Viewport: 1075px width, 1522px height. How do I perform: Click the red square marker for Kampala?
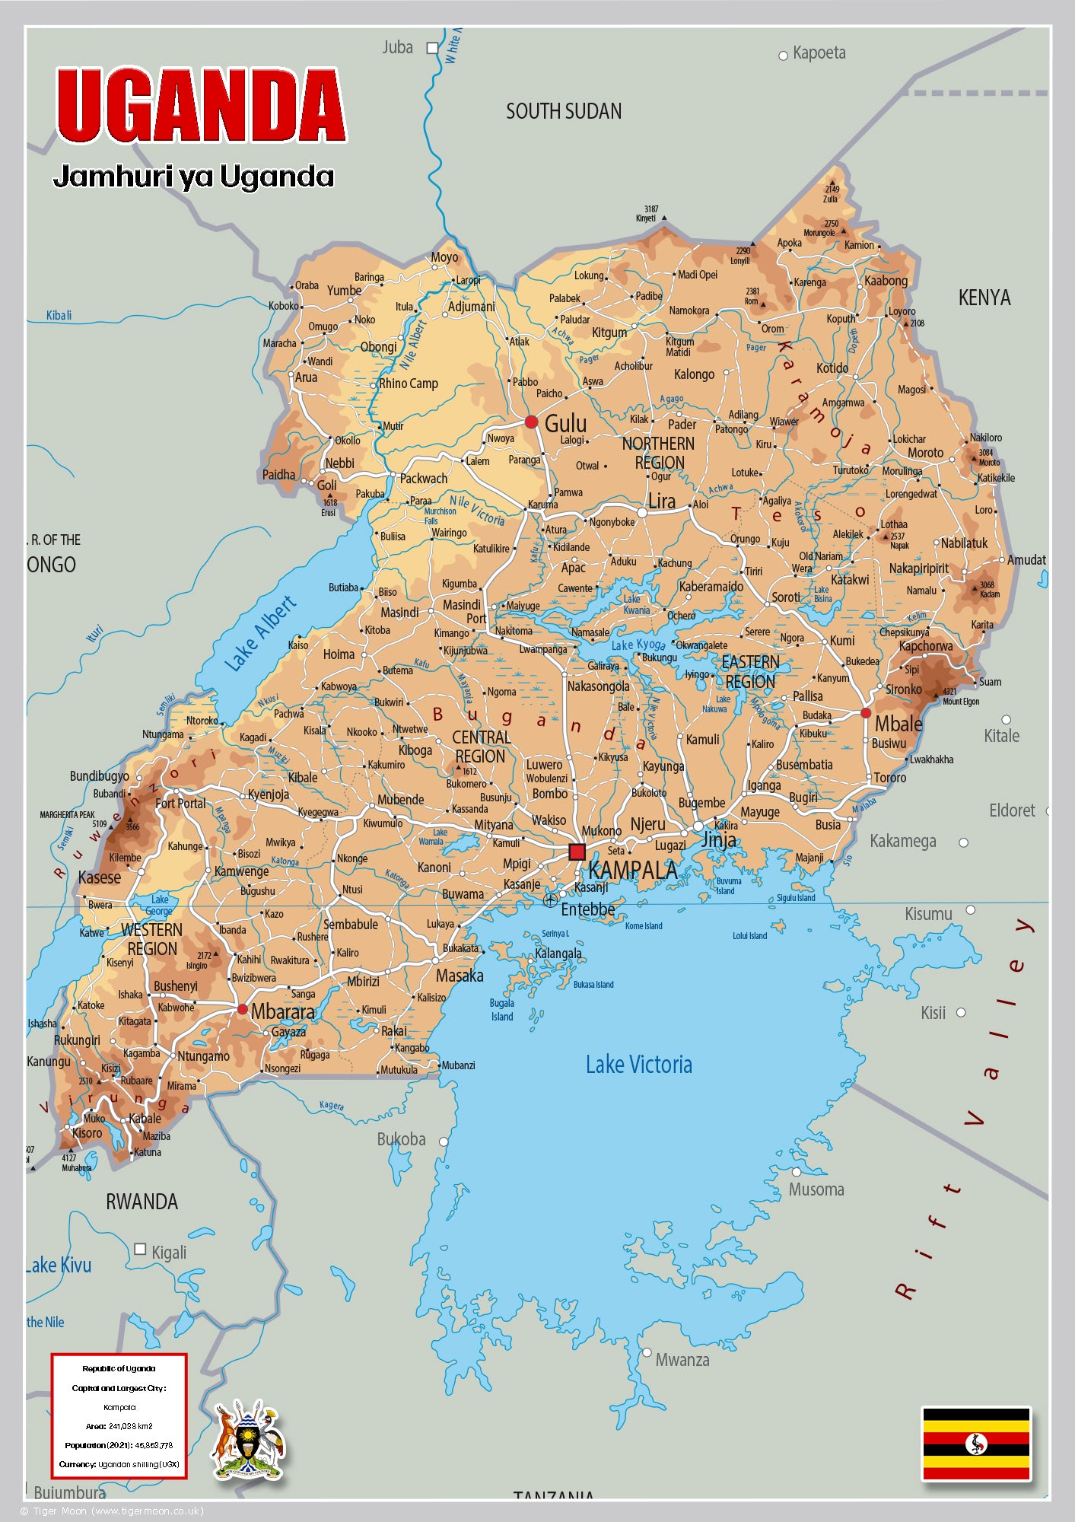pos(577,852)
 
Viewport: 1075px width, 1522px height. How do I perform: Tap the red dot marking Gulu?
pos(531,422)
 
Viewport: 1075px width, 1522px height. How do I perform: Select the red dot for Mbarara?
pos(242,1009)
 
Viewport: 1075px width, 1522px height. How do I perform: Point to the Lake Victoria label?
pos(638,1065)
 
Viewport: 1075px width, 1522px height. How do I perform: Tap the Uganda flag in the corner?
pos(976,1444)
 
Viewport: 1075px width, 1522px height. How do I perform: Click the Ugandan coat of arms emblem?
pos(249,1441)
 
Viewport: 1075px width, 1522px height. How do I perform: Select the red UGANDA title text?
pos(202,106)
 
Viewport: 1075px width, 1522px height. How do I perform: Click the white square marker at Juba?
pos(432,48)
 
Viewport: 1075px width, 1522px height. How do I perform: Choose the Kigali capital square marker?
pos(140,1249)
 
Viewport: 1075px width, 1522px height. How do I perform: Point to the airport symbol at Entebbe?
pos(550,900)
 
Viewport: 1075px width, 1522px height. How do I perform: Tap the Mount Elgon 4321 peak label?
pos(960,697)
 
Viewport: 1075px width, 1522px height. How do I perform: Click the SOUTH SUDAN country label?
pos(564,112)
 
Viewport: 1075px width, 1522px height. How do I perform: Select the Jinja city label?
pos(718,840)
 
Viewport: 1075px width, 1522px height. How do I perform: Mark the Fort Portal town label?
pos(180,804)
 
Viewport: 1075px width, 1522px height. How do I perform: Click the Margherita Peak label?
pos(68,815)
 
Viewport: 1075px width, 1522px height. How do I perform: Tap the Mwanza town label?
pos(682,1360)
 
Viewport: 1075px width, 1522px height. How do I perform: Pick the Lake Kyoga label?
pos(638,645)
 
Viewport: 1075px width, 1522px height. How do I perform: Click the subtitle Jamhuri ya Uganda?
pos(193,177)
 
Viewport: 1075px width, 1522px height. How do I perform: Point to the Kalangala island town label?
pos(558,954)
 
